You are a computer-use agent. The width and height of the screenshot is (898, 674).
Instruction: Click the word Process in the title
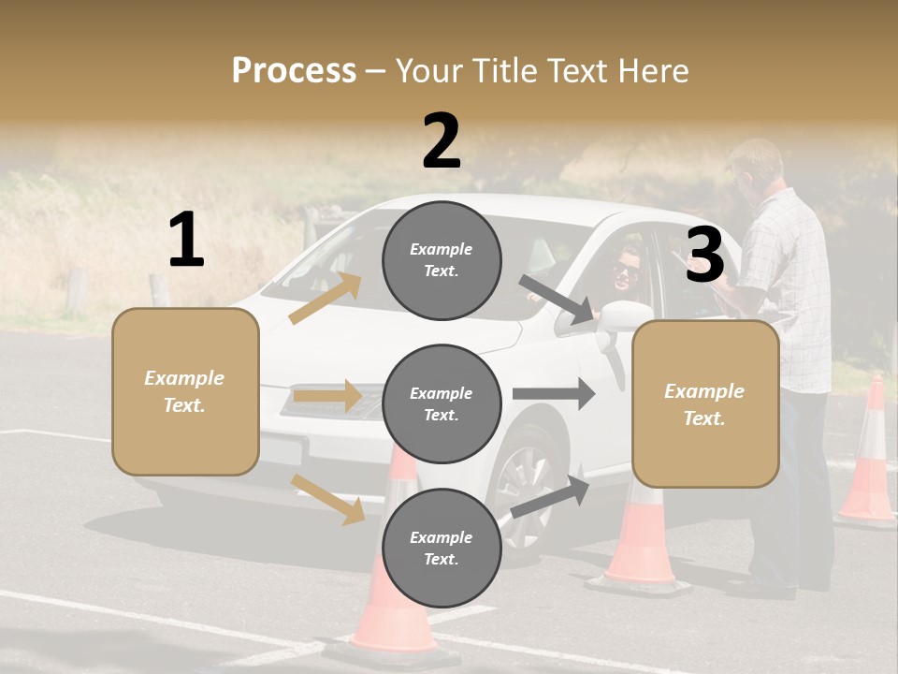pos(294,70)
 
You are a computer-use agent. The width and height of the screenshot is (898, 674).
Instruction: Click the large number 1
pos(186,241)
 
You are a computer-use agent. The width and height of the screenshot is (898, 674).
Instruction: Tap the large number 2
pos(442,141)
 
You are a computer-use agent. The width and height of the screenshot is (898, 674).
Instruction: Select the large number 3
pos(704,255)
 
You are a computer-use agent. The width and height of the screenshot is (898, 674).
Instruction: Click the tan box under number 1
pos(185,391)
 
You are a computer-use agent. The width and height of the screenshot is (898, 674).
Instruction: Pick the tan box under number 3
pos(705,404)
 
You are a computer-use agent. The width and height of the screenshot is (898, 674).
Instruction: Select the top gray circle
pos(442,259)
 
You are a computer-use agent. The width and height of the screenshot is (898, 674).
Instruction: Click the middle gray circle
pos(442,403)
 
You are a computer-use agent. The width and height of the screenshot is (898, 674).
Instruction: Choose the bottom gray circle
pos(442,548)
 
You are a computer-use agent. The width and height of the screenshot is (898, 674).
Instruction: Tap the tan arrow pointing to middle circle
pos(326,396)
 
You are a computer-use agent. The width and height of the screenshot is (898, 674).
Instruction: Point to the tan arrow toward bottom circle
pos(328,498)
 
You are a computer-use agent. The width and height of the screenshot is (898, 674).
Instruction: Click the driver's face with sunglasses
pos(626,271)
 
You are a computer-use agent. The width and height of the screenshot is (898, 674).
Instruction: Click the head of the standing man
pos(755,167)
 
